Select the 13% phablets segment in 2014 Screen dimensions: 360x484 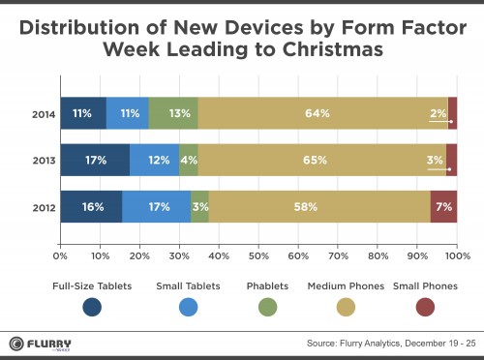[x=173, y=113]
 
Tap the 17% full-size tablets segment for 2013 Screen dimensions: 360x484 [x=94, y=160]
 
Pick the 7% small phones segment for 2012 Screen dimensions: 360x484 [x=443, y=207]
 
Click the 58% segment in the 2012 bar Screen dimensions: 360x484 [x=318, y=207]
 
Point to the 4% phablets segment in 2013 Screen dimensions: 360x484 [x=189, y=160]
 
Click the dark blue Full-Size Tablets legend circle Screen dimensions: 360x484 [x=93, y=308]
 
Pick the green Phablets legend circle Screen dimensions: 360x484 [x=267, y=308]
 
